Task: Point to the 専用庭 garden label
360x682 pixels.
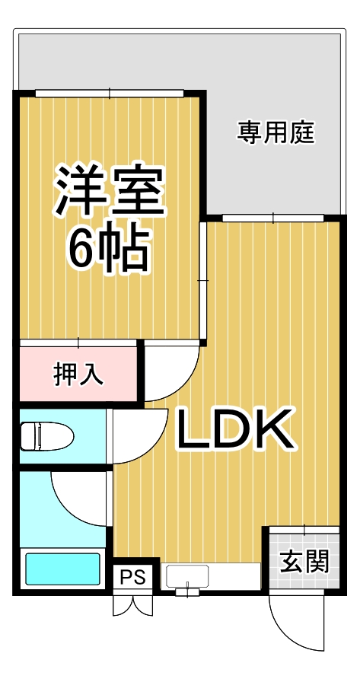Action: coord(276,133)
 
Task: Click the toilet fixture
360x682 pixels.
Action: coord(46,437)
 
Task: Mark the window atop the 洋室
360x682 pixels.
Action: coord(109,94)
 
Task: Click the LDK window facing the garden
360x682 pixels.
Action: coord(272,218)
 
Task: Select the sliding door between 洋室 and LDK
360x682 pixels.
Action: coord(202,281)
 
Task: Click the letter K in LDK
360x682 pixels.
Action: coord(272,431)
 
